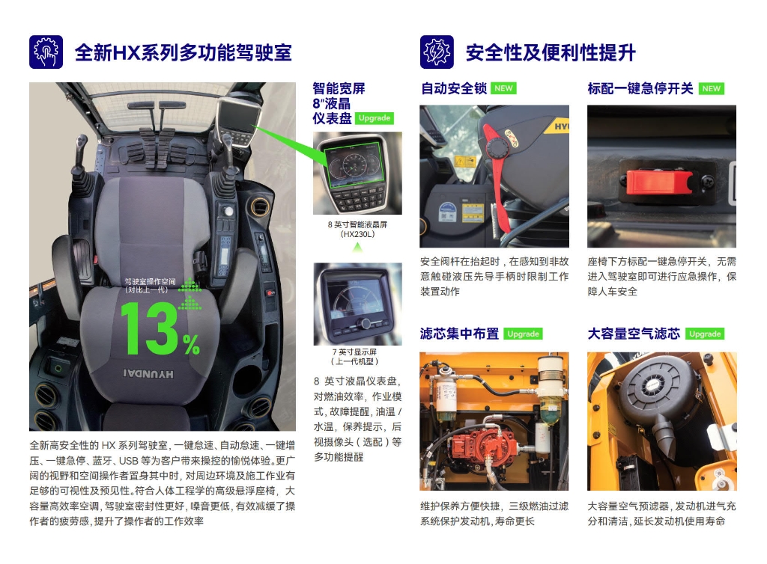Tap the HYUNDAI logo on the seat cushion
coord(148,374)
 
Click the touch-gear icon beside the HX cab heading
coord(46,52)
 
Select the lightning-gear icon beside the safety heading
coord(437,52)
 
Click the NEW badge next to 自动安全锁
coord(503,88)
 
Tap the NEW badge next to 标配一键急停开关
coord(712,88)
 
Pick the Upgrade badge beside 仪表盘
coord(375,118)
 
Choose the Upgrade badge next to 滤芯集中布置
coord(523,334)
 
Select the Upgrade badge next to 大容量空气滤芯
coord(705,334)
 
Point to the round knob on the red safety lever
coord(498,147)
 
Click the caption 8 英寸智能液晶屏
coord(357,224)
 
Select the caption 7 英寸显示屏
coord(354,352)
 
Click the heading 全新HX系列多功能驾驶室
coord(183,52)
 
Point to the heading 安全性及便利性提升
coord(551,52)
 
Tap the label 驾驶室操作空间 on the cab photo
coord(150,281)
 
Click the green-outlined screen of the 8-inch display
coord(354,165)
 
